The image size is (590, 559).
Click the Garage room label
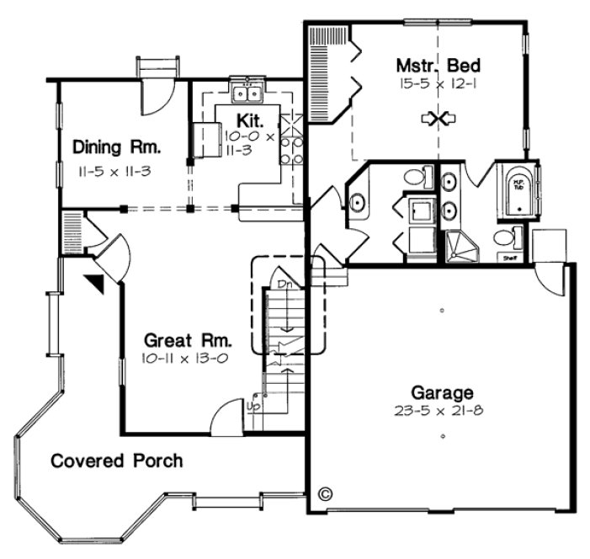[441, 392]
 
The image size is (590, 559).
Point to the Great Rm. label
[185, 341]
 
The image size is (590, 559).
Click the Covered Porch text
[116, 461]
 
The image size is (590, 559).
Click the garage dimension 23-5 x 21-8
[441, 411]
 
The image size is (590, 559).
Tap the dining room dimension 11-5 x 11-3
[116, 170]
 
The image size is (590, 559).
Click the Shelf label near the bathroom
[510, 258]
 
